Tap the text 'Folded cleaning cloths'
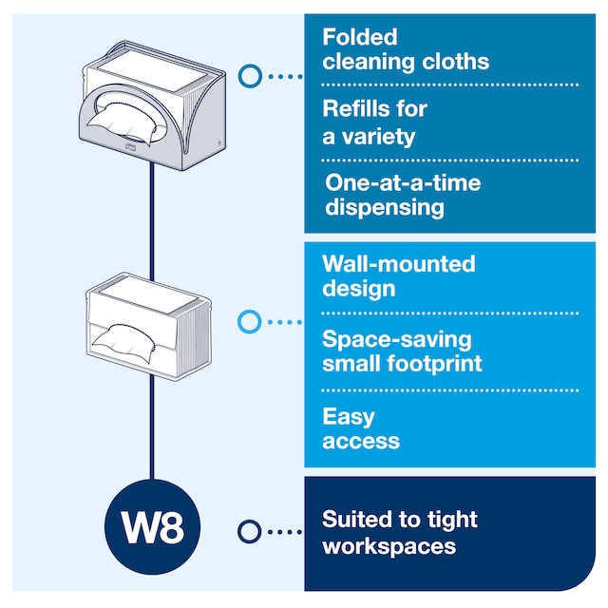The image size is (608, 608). click(406, 49)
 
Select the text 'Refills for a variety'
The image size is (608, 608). click(374, 123)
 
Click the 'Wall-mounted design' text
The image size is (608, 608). click(398, 275)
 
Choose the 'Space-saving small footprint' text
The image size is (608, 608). click(402, 351)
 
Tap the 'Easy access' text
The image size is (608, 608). click(360, 428)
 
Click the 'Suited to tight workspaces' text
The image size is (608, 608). click(399, 532)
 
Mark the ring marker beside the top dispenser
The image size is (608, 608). click(250, 75)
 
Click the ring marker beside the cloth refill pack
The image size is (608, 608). click(249, 322)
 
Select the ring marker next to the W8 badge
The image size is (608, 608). click(249, 531)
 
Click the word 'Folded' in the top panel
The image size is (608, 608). click(359, 38)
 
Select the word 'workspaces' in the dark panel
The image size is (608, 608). click(389, 545)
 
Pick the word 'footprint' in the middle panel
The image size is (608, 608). click(435, 363)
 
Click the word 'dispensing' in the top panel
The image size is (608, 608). click(385, 207)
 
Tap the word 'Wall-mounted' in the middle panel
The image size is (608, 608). click(398, 263)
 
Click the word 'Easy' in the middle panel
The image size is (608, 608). click(349, 416)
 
